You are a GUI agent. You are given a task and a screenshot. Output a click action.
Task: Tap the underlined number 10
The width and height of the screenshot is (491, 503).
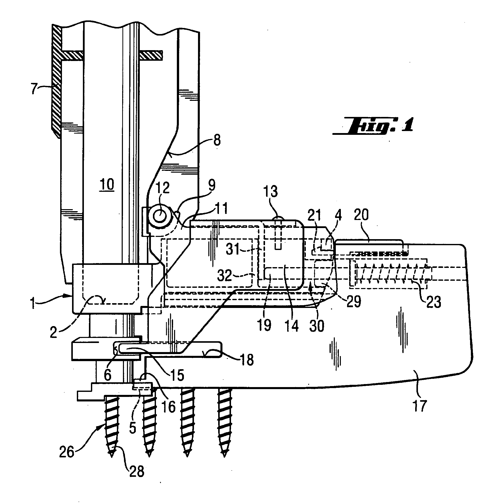pyautogui.click(x=107, y=185)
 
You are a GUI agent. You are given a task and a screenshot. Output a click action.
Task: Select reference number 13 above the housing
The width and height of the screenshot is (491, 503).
pyautogui.click(x=271, y=192)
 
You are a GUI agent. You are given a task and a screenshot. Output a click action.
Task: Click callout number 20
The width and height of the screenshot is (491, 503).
pyautogui.click(x=361, y=215)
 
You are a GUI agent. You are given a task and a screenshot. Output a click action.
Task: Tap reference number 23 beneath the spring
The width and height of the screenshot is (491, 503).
pyautogui.click(x=434, y=302)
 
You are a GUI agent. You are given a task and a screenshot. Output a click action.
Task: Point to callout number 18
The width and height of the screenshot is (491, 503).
pyautogui.click(x=247, y=359)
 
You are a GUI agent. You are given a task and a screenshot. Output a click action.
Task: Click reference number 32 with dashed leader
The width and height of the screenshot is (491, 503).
pyautogui.click(x=225, y=276)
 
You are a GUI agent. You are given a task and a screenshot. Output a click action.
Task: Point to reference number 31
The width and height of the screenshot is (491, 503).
pyautogui.click(x=233, y=250)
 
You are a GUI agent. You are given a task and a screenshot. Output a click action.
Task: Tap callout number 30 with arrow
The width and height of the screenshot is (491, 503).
pyautogui.click(x=317, y=326)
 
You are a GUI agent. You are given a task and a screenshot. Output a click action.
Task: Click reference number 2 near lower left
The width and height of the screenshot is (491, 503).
pyautogui.click(x=53, y=332)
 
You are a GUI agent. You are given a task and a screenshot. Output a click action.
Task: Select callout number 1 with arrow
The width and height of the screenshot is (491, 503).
pyautogui.click(x=33, y=303)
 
